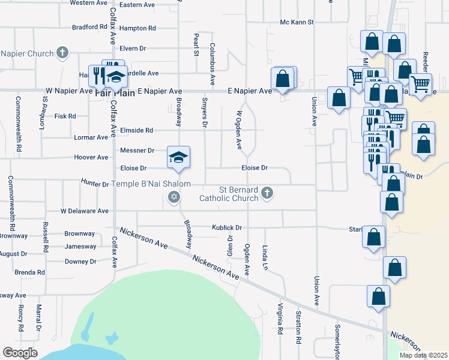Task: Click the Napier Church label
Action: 27,53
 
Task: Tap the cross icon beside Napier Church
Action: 62,53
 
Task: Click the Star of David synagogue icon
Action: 174,197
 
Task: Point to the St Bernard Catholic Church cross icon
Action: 267,193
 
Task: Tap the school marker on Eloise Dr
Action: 178,158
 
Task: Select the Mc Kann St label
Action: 297,22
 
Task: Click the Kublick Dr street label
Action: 226,227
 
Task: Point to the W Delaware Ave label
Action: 85,211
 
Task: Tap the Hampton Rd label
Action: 137,28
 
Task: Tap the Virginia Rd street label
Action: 280,319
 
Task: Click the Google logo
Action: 20,353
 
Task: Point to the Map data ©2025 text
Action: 423,355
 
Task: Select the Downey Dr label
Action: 80,262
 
